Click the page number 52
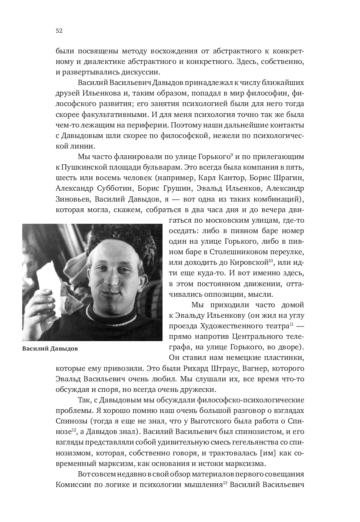tap(59, 31)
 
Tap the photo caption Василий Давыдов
tap(50, 348)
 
